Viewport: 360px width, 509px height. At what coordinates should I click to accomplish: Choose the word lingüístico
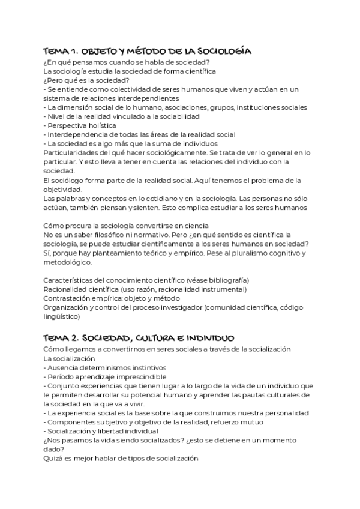(x=63, y=316)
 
